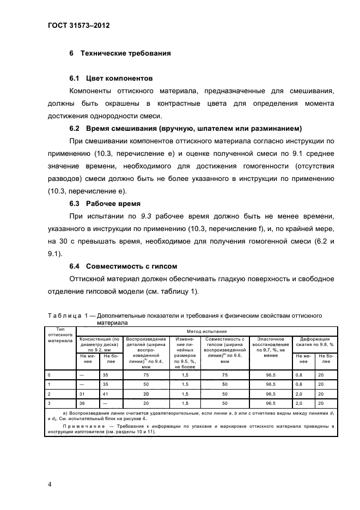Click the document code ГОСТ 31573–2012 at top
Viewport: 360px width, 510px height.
tap(74, 25)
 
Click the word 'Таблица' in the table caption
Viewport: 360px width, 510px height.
tap(63, 315)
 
